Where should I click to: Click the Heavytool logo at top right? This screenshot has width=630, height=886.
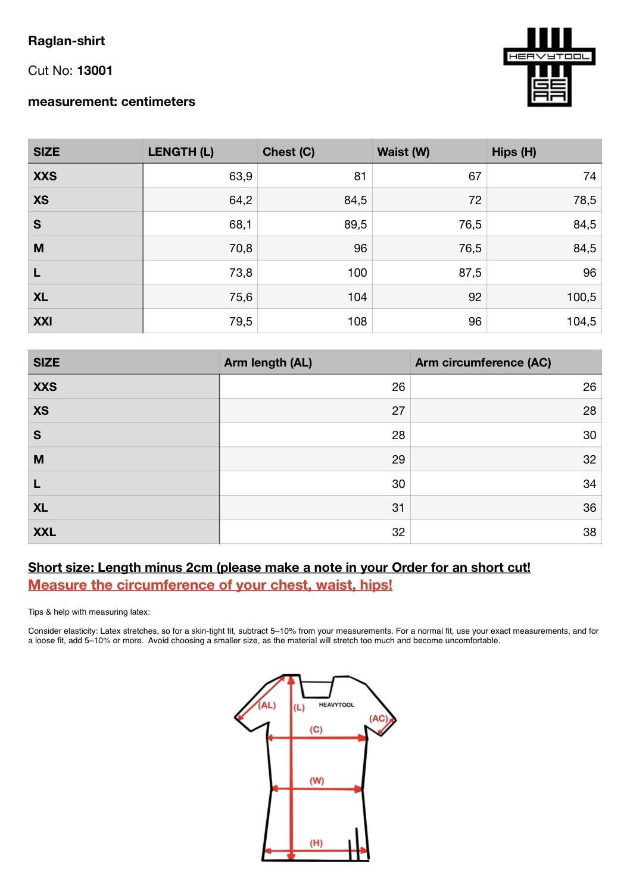pyautogui.click(x=549, y=67)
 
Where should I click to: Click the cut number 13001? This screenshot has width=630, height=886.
pyautogui.click(x=95, y=71)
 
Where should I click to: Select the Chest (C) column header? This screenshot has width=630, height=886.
pyautogui.click(x=288, y=152)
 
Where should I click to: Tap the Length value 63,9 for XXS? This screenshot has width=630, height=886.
pyautogui.click(x=241, y=176)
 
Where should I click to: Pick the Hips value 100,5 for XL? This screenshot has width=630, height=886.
pyautogui.click(x=581, y=297)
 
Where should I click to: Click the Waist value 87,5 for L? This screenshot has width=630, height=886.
pyautogui.click(x=470, y=273)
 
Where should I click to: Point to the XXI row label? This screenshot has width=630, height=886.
pyautogui.click(x=43, y=321)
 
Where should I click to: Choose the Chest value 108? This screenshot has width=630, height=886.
pyautogui.click(x=357, y=321)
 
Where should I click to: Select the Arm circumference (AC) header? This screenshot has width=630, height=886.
pyautogui.click(x=483, y=362)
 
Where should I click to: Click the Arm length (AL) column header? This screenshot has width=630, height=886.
pyautogui.click(x=268, y=362)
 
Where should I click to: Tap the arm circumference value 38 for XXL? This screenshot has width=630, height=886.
pyautogui.click(x=590, y=532)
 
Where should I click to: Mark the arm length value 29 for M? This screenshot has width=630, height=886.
pyautogui.click(x=398, y=459)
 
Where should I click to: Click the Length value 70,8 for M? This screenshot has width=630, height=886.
pyautogui.click(x=241, y=248)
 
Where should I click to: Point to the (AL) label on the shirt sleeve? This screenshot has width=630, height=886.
pyautogui.click(x=267, y=705)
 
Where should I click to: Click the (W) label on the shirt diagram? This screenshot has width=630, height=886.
pyautogui.click(x=317, y=781)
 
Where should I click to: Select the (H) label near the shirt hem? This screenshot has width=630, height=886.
pyautogui.click(x=316, y=843)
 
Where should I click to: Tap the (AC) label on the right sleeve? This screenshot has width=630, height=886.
pyautogui.click(x=378, y=718)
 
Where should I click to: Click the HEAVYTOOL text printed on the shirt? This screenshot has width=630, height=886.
pyautogui.click(x=336, y=705)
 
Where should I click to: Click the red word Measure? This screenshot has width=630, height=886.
pyautogui.click(x=57, y=585)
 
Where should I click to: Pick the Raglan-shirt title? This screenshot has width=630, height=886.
pyautogui.click(x=67, y=41)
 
